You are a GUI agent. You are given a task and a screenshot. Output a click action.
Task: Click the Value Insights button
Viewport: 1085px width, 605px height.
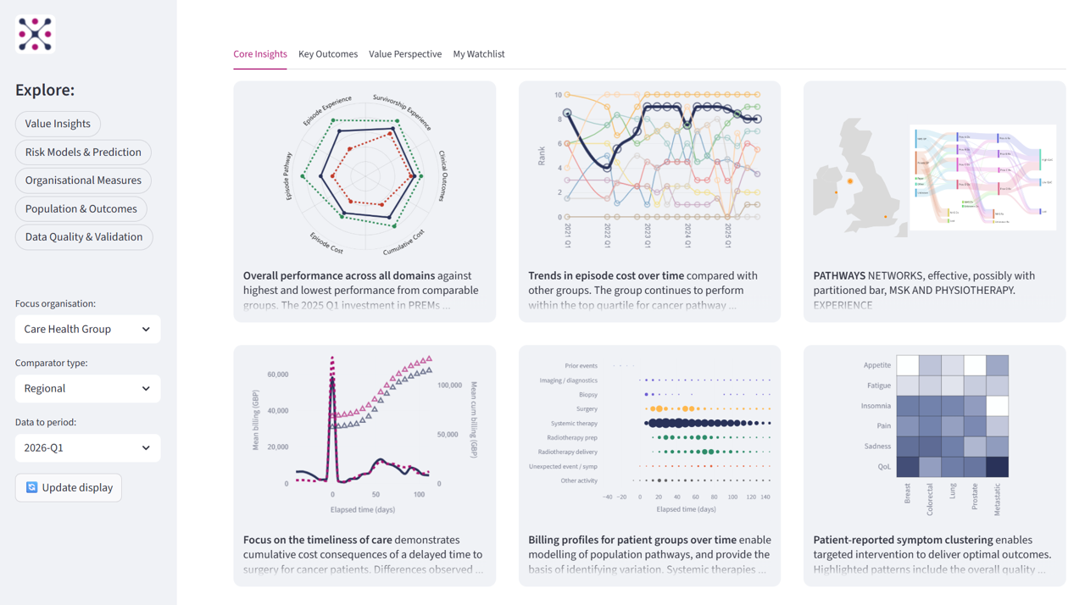coord(58,124)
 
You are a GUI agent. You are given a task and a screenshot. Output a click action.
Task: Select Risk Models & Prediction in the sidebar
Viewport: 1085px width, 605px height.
coord(83,153)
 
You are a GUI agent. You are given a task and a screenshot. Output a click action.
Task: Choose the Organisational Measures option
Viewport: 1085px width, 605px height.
coord(83,180)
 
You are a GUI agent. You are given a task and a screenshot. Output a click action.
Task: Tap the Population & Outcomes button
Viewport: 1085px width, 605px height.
coord(81,209)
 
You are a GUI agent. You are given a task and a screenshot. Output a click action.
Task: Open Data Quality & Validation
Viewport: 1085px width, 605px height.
coord(84,237)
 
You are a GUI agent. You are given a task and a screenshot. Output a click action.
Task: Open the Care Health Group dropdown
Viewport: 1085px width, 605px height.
coord(87,330)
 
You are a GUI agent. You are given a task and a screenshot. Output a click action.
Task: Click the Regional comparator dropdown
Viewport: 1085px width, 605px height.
coord(87,389)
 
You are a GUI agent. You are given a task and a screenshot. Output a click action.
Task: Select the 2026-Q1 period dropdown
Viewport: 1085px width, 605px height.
coord(87,448)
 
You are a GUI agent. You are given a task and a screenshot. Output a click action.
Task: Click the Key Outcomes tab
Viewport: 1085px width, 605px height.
coord(328,54)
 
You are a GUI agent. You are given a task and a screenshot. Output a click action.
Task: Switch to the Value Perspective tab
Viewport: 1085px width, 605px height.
coord(405,54)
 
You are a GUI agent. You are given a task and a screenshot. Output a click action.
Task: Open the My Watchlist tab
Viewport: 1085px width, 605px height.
coord(479,54)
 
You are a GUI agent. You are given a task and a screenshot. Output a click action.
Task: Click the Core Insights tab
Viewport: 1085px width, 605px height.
coord(260,54)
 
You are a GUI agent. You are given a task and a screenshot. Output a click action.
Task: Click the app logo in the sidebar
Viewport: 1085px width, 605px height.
coord(35,34)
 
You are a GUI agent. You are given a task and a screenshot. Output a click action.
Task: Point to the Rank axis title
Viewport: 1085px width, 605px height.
coord(542,156)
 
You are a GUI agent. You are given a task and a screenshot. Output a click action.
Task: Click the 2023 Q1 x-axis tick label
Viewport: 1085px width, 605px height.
coord(648,235)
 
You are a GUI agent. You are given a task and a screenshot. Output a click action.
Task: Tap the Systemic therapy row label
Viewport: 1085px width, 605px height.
coord(574,424)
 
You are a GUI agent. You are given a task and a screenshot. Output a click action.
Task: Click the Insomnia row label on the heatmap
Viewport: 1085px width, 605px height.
coord(876,406)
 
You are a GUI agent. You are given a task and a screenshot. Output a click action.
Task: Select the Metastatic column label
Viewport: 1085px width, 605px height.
coord(998,499)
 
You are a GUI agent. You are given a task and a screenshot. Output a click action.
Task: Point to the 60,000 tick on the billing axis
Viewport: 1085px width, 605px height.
coord(278,375)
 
